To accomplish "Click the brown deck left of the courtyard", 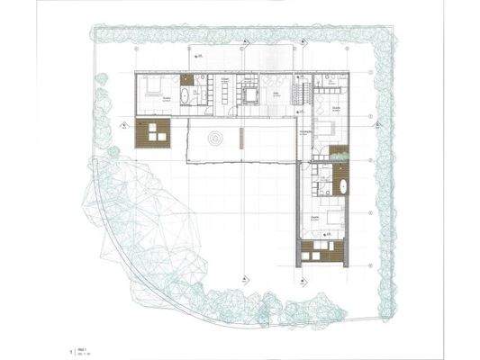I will pos(152,134).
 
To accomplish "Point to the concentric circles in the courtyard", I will pos(215,139).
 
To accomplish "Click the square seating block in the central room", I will pos(249,94).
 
